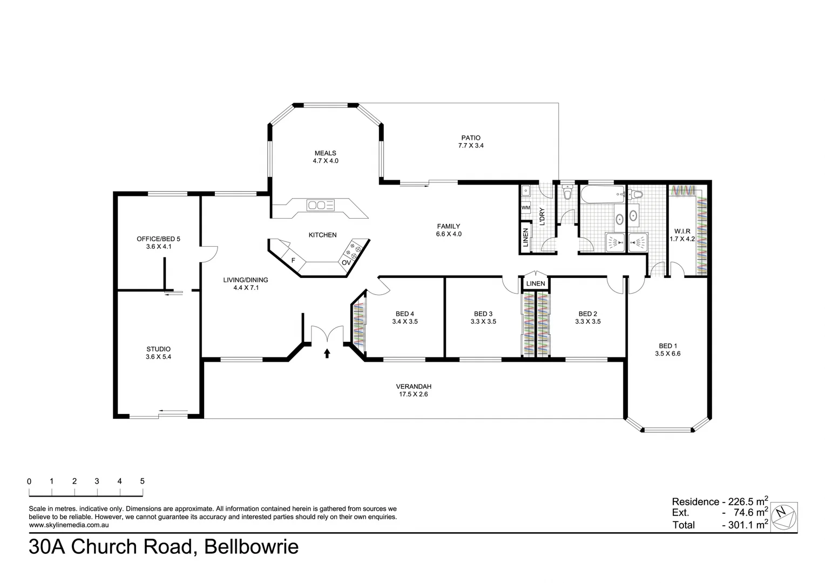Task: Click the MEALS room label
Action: click(x=326, y=153)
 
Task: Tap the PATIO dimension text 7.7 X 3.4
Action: click(x=470, y=146)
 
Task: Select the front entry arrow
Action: click(x=327, y=353)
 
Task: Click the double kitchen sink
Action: click(x=320, y=205)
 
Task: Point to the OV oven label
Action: click(x=346, y=262)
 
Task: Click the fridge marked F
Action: click(x=293, y=260)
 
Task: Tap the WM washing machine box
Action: click(x=525, y=208)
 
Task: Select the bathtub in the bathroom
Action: click(x=601, y=195)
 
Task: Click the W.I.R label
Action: click(x=682, y=231)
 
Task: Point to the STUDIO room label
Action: click(x=158, y=349)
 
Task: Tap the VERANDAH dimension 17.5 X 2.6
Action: click(x=414, y=395)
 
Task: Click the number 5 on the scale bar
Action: click(x=142, y=482)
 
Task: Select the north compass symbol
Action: click(x=783, y=515)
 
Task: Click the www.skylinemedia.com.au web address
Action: click(x=69, y=525)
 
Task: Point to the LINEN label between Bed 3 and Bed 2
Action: click(x=536, y=283)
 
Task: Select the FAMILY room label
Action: click(x=448, y=226)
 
